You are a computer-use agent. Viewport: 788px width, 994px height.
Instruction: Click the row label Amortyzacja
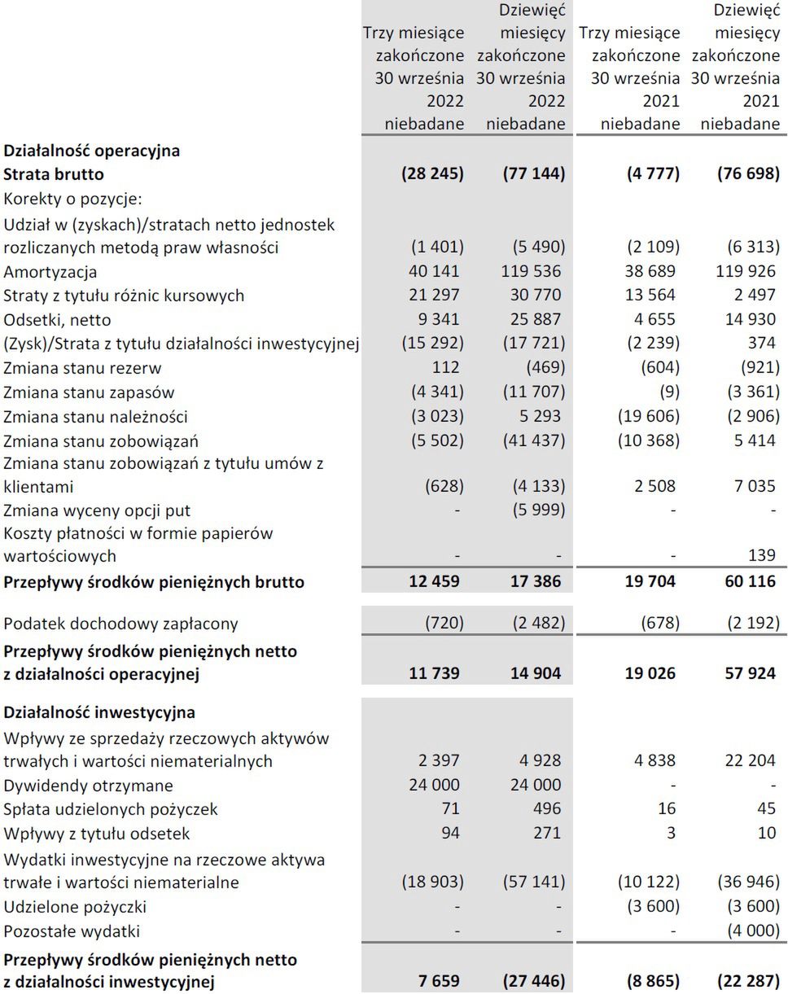point(50,272)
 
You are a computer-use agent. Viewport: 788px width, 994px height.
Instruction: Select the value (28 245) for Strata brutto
point(433,174)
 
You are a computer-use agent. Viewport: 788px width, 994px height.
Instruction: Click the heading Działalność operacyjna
point(92,151)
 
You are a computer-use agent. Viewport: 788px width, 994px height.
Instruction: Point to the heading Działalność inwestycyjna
point(99,713)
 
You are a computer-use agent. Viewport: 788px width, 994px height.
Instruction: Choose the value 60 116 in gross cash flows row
point(748,582)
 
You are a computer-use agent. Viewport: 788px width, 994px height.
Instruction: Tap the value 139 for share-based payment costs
point(763,556)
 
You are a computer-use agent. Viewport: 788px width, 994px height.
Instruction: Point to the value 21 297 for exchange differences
point(436,296)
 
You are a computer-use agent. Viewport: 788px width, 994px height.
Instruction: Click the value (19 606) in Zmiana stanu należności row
point(647,417)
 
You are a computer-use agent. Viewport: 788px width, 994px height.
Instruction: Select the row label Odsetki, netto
point(58,320)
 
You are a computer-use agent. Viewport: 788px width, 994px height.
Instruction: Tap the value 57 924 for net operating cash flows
point(748,674)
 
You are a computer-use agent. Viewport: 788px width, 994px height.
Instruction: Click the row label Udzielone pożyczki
point(75,907)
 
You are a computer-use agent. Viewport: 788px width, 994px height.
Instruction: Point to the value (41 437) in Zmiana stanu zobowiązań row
point(531,441)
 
